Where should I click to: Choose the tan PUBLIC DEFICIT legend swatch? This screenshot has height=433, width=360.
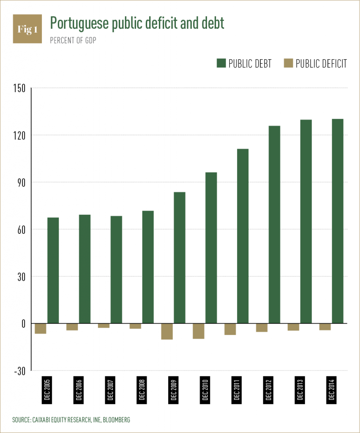pos(288,63)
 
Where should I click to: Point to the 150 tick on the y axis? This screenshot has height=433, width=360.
pos(19,88)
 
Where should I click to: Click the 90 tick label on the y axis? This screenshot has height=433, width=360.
pos(21,182)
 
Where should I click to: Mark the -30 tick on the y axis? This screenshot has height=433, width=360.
pos(19,371)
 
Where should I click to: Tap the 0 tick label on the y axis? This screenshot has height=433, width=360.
pos(23,323)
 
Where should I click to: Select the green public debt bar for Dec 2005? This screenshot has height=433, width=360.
pos(53,271)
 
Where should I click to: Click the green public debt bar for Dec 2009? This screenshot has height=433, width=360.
pos(180,258)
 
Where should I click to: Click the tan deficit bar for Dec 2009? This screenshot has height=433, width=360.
pos(167,332)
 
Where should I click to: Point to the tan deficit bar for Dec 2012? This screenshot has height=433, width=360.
pos(262,328)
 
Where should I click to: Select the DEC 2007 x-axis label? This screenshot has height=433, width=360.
pos(110,388)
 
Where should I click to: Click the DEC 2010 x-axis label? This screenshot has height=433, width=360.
pos(205,388)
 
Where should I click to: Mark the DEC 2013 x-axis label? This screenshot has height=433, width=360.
pos(300,388)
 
